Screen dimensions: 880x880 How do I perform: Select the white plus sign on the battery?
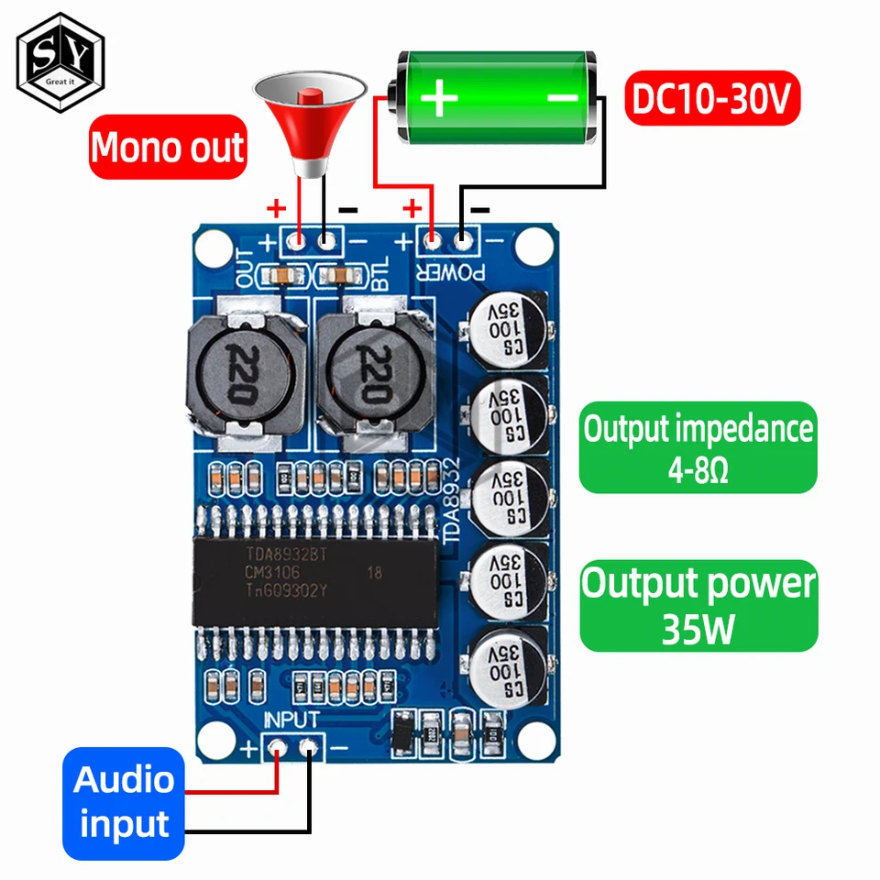click(441, 96)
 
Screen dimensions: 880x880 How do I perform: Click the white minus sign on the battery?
click(563, 96)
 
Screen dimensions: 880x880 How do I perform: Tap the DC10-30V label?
click(712, 101)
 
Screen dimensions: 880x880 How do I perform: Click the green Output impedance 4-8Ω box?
click(698, 447)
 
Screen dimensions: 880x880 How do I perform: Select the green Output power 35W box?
click(698, 605)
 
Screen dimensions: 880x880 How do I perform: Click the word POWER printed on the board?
click(448, 271)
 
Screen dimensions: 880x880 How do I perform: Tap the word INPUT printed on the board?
click(291, 720)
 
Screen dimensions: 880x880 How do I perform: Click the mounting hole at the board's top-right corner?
click(531, 245)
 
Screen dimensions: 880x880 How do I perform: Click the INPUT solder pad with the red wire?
click(277, 748)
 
